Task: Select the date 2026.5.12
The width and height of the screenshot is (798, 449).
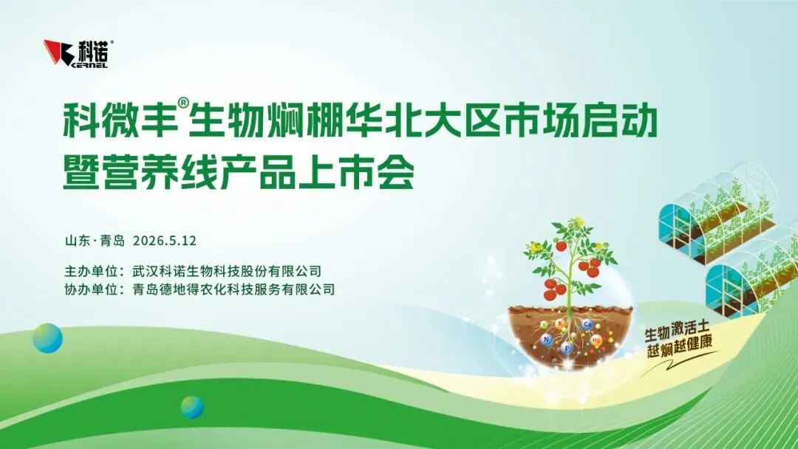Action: pos(164,241)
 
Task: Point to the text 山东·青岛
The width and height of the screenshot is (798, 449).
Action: pos(95,241)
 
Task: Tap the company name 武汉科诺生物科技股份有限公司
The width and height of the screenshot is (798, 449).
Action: pos(227,270)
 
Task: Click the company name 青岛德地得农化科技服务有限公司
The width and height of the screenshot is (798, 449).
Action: pos(233,289)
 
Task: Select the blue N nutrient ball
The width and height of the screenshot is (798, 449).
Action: pos(547,339)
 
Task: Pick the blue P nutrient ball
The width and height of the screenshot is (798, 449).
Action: pos(567,349)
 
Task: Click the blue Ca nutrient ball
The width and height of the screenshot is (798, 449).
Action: pos(587,324)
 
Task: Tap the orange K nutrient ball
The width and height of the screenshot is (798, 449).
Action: pos(561,324)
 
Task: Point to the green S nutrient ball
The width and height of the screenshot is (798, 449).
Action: pos(545,324)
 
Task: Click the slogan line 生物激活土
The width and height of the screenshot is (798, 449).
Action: pos(676,331)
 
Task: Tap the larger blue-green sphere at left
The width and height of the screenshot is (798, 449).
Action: pos(47,338)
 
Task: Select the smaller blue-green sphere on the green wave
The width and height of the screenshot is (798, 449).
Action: pos(192,407)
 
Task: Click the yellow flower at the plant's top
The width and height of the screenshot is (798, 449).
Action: pos(578,222)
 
